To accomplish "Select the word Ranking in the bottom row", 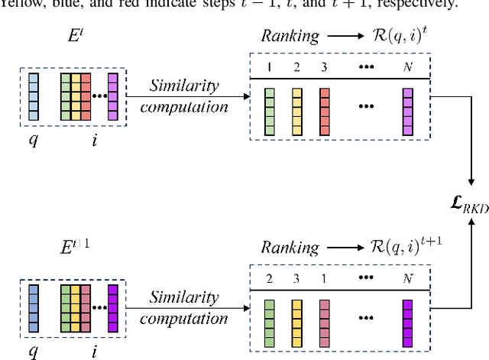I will tap(290, 247).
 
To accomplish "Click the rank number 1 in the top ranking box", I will tap(269, 66).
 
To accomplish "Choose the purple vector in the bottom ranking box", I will tap(406, 322).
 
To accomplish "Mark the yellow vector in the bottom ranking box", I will tap(296, 322).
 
